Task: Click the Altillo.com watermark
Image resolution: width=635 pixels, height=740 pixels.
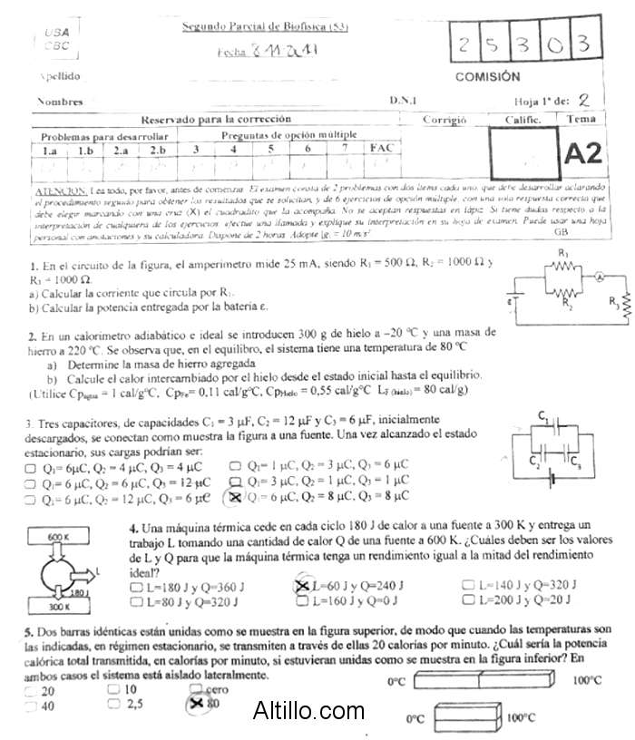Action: point(309,708)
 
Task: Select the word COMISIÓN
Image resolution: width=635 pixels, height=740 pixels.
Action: point(487,77)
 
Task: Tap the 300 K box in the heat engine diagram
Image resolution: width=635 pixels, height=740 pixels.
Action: point(57,606)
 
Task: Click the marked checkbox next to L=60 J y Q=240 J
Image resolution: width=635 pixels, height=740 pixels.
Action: point(303,586)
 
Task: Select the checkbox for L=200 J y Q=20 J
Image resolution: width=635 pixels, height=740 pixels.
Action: point(468,599)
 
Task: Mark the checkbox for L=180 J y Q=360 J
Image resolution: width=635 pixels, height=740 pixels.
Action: point(137,586)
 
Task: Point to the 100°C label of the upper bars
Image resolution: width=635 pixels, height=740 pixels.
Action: point(589,680)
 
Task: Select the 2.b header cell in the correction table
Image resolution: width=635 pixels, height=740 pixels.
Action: point(158,150)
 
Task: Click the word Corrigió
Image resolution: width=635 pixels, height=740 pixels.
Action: point(444,120)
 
